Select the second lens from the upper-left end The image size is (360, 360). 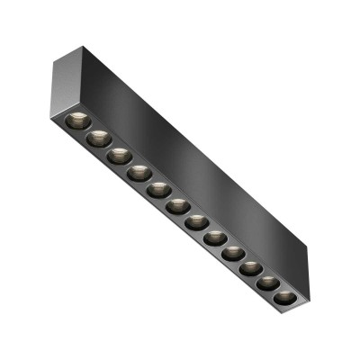click(x=97, y=139)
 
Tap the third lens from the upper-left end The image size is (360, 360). click(x=118, y=156)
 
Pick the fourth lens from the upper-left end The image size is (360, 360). click(x=138, y=173)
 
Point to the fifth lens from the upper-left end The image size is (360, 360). click(x=158, y=190)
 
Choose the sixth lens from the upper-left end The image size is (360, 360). click(x=177, y=206)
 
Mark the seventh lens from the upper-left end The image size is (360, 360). click(x=197, y=222)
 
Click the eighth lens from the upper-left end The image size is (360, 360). click(x=216, y=238)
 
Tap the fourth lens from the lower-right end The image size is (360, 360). click(x=234, y=254)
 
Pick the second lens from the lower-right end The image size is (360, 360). click(x=268, y=283)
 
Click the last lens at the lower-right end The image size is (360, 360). click(x=284, y=297)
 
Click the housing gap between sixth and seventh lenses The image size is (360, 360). click(x=187, y=214)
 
